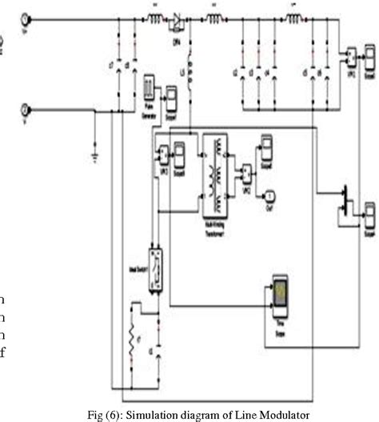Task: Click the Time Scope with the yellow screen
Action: [x=280, y=295]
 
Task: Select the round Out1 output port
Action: [x=269, y=195]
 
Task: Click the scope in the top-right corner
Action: [x=369, y=57]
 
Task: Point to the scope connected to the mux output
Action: [x=369, y=214]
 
